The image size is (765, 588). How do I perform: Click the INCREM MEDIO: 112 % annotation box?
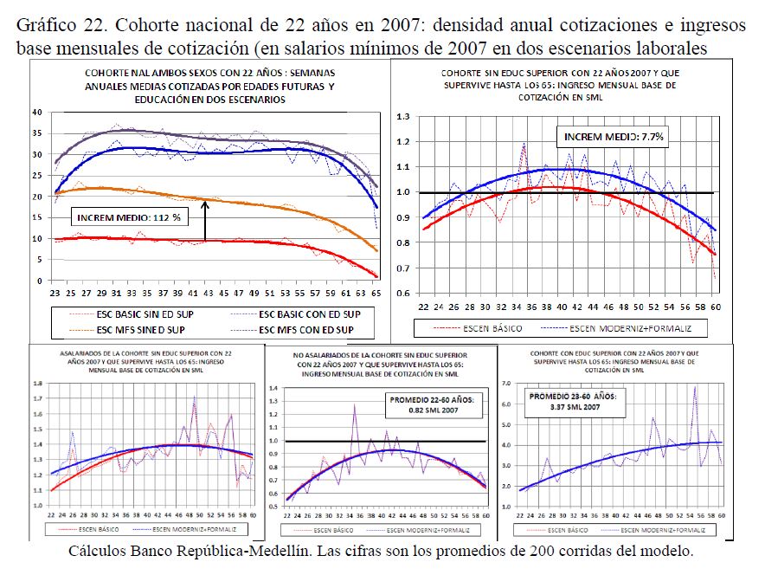coord(127,217)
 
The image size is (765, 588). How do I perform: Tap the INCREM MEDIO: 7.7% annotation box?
coord(614,137)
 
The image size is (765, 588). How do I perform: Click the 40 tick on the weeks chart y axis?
coord(36,113)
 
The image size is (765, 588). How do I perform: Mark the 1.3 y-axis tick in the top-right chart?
coord(402,116)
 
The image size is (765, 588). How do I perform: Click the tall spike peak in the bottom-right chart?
coord(695,386)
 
